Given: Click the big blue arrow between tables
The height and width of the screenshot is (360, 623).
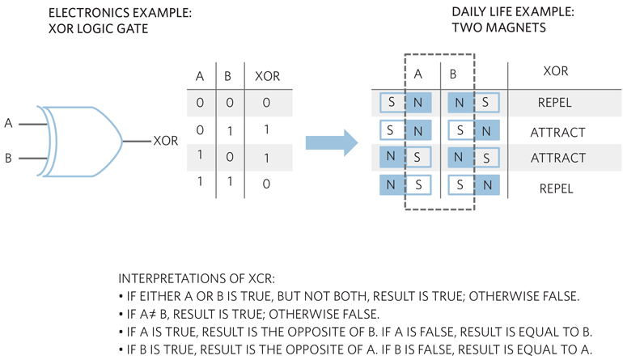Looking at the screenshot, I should [331, 142].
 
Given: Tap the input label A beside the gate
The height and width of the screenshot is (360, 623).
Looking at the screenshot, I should [9, 124].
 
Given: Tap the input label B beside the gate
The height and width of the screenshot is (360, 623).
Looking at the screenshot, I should [9, 159].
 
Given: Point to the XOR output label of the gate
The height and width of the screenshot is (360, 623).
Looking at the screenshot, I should [165, 141].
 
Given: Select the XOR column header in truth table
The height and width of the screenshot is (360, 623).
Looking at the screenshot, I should [266, 78].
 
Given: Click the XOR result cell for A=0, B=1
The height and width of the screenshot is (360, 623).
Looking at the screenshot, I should [266, 129].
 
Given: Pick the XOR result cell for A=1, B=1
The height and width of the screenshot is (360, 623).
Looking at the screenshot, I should [266, 184].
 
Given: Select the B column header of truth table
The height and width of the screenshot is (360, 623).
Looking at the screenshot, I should [227, 78].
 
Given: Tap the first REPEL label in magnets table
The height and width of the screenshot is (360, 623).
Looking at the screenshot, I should [554, 104].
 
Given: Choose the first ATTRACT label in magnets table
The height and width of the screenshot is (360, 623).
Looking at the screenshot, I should [557, 131].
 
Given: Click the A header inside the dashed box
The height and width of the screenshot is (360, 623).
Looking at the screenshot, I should [418, 73].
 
